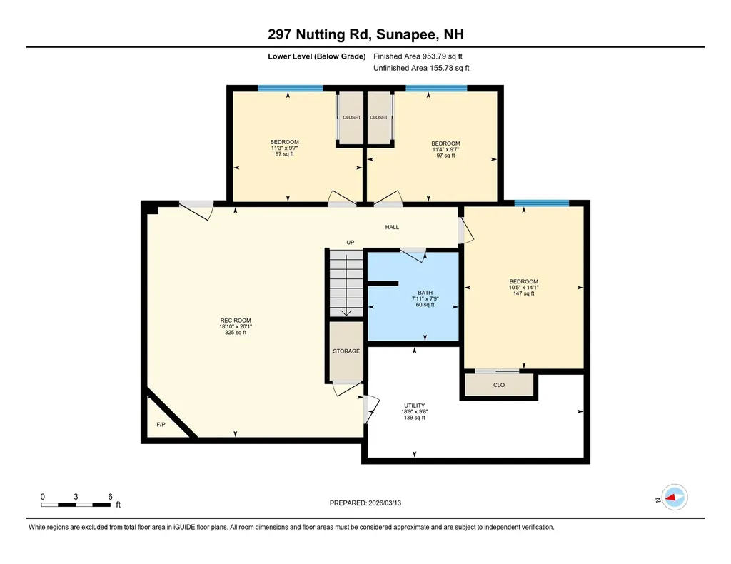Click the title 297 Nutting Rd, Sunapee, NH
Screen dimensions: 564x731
point(365,34)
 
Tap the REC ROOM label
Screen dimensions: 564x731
point(235,321)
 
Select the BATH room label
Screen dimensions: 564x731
point(425,293)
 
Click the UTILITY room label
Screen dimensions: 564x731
point(415,405)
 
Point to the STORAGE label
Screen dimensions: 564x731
point(346,351)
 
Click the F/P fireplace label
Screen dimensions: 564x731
point(161,425)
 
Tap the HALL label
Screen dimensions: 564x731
point(392,227)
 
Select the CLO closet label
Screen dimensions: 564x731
point(499,385)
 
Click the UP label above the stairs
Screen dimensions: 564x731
point(350,243)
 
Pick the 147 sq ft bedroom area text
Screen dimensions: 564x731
point(523,293)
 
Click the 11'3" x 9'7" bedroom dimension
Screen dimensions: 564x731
point(284,148)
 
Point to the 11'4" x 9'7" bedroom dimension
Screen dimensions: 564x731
point(445,150)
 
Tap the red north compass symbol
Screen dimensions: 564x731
point(674,497)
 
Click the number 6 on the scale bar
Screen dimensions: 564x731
point(110,496)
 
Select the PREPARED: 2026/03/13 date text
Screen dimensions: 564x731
point(370,503)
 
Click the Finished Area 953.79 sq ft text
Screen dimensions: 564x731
point(420,56)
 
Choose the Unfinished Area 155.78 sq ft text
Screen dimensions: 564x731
point(420,69)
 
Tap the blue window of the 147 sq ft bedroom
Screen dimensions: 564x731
point(542,203)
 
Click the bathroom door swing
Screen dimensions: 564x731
point(413,251)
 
